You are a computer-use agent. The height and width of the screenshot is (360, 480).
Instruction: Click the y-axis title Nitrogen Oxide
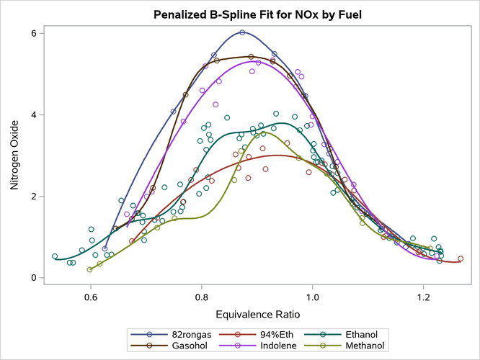tap(15, 155)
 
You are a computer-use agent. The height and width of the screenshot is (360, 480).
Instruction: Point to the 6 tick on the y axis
tap(35, 33)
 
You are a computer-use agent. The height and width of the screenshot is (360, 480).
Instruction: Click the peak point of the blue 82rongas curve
tap(242, 32)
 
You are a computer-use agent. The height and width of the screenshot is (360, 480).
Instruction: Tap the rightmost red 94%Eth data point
tap(461, 259)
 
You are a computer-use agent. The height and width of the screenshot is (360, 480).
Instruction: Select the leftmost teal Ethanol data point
tap(55, 256)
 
